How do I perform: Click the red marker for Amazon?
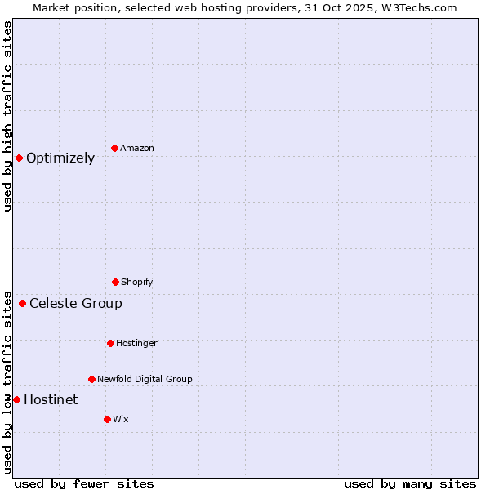[x=115, y=148]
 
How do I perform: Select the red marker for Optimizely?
[x=20, y=158]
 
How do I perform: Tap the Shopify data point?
[x=115, y=282]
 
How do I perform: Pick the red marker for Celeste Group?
[x=23, y=304]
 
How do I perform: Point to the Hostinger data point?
[x=110, y=343]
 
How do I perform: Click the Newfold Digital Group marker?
[x=91, y=379]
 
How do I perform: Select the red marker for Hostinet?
[x=16, y=399]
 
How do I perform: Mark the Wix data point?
[x=107, y=419]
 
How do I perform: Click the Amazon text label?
[x=137, y=148]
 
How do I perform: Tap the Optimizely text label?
[x=60, y=158]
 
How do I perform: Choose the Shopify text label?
[x=137, y=282]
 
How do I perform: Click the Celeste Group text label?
[x=76, y=304]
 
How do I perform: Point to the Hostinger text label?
[x=136, y=343]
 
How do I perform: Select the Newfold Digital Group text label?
[x=145, y=379]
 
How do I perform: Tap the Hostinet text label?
[x=51, y=399]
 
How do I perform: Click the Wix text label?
[x=121, y=419]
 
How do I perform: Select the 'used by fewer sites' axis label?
[x=84, y=483]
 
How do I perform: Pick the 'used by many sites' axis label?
[x=410, y=483]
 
